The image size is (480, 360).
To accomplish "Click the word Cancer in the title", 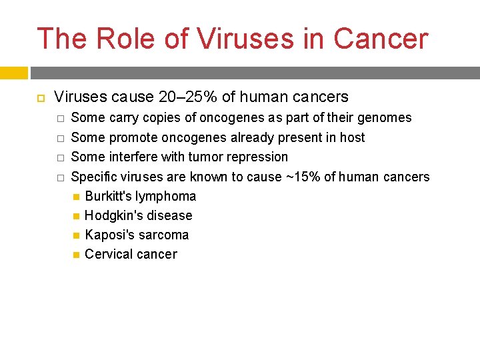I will pyautogui.click(x=380, y=39).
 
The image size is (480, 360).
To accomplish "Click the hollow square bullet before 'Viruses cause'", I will pyautogui.click(x=40, y=98).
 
